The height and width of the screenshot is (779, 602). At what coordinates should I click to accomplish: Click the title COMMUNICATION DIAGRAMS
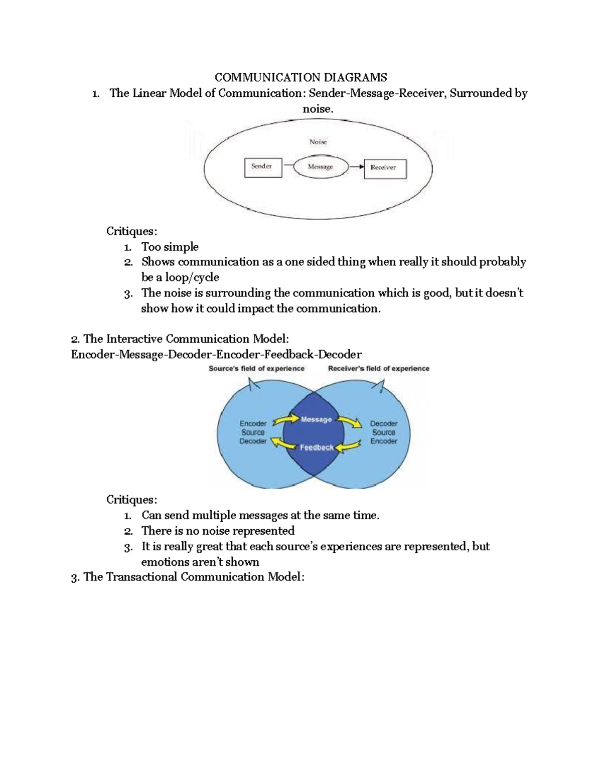300,77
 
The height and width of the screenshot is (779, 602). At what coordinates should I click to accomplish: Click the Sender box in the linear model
263,168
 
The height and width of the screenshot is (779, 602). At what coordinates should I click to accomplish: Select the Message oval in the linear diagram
321,168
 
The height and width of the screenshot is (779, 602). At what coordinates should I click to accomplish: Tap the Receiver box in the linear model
384,169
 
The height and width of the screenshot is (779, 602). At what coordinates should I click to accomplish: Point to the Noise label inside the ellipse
318,142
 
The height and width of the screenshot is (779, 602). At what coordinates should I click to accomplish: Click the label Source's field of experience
256,369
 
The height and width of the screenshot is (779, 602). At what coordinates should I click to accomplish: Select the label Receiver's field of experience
378,369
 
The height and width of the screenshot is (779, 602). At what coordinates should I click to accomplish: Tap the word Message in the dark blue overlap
316,419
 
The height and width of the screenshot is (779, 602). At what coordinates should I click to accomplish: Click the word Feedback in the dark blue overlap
317,447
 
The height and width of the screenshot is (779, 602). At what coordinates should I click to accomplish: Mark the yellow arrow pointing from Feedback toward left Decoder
282,443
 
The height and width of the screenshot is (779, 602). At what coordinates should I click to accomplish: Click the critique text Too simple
170,247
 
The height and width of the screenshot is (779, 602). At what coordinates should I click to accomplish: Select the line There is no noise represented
218,531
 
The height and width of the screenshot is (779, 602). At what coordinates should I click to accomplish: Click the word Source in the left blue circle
253,432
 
